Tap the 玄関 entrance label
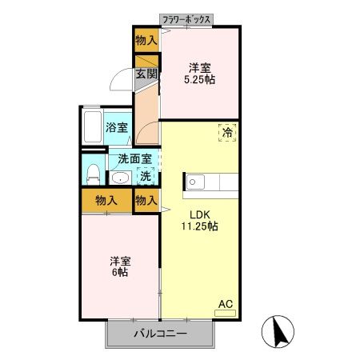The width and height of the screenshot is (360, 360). (x=145, y=74)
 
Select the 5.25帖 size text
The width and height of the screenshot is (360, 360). (x=201, y=80)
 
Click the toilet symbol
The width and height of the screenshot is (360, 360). (x=93, y=173)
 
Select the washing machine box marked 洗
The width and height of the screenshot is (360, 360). (x=146, y=176)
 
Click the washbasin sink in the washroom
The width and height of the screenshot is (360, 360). (x=121, y=178)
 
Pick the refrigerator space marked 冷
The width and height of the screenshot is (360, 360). (x=227, y=134)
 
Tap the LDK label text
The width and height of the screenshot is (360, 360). (x=200, y=214)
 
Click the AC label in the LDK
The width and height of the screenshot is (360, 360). (x=226, y=304)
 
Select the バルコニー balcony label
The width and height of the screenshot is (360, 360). (x=160, y=334)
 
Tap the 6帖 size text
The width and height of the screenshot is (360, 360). (x=121, y=273)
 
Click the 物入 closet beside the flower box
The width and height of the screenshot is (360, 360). (x=146, y=39)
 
